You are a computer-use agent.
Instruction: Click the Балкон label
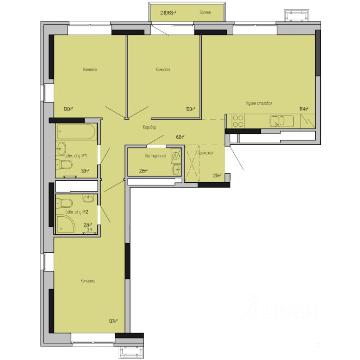[x=205, y=12]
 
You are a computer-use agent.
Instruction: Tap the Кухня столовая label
[x=259, y=103]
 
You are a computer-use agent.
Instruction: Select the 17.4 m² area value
[x=303, y=109]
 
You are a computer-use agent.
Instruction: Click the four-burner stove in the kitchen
[x=238, y=121]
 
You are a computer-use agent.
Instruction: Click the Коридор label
[x=149, y=127]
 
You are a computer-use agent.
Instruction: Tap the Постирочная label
[x=155, y=156]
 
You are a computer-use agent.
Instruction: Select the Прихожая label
[x=205, y=153]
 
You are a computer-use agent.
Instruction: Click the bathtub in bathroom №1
[x=77, y=131]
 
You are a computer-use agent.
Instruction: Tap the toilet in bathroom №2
[x=65, y=203]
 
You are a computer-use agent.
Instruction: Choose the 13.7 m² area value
[x=113, y=321]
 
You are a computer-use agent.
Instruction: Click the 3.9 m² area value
[x=85, y=171]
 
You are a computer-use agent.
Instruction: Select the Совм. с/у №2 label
[x=76, y=212]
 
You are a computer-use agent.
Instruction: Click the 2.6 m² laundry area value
[x=143, y=171]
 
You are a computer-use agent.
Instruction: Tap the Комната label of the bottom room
[x=87, y=281]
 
